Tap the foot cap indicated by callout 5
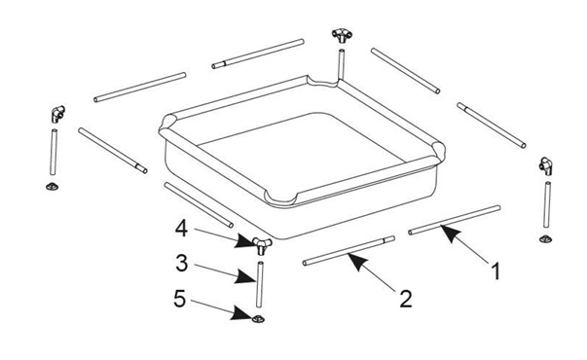258,317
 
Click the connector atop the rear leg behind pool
341,37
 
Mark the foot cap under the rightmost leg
545,236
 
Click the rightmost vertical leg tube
546,205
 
